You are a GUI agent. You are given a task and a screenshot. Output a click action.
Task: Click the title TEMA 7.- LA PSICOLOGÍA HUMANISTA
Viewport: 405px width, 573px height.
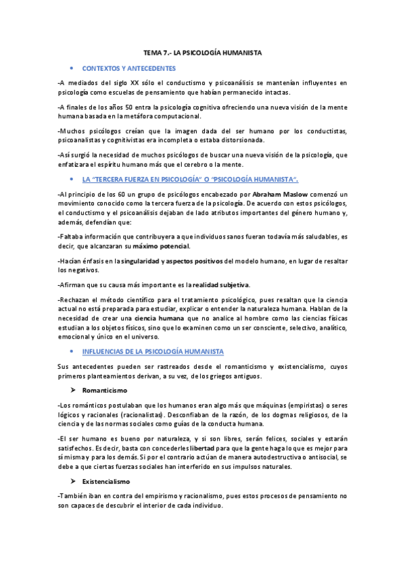point(203,52)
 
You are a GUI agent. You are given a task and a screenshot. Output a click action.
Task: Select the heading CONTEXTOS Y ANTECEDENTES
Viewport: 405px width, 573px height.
point(129,68)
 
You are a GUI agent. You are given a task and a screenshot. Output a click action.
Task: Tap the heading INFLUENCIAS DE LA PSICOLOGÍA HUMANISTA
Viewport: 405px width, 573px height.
point(153,352)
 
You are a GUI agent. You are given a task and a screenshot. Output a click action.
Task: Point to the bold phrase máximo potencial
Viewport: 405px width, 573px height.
point(161,246)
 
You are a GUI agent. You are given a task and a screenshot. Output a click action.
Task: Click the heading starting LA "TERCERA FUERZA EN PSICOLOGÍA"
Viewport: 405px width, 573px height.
point(190,179)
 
